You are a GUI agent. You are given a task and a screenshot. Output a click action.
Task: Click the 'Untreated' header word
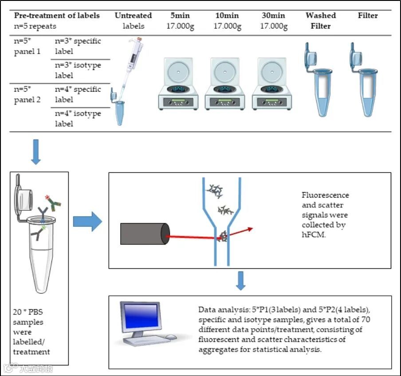pyautogui.click(x=133, y=16)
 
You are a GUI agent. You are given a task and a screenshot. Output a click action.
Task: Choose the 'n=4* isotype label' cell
pyautogui.click(x=78, y=119)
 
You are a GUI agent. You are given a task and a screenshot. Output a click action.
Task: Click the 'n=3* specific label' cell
pyautogui.click(x=78, y=46)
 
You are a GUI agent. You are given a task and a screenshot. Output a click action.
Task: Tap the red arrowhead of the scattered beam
pyautogui.click(x=251, y=229)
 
